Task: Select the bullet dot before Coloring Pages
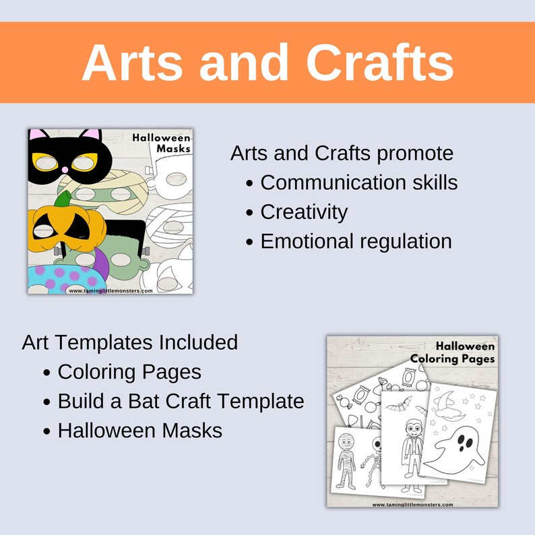(46, 372)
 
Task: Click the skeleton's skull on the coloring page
(377, 445)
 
